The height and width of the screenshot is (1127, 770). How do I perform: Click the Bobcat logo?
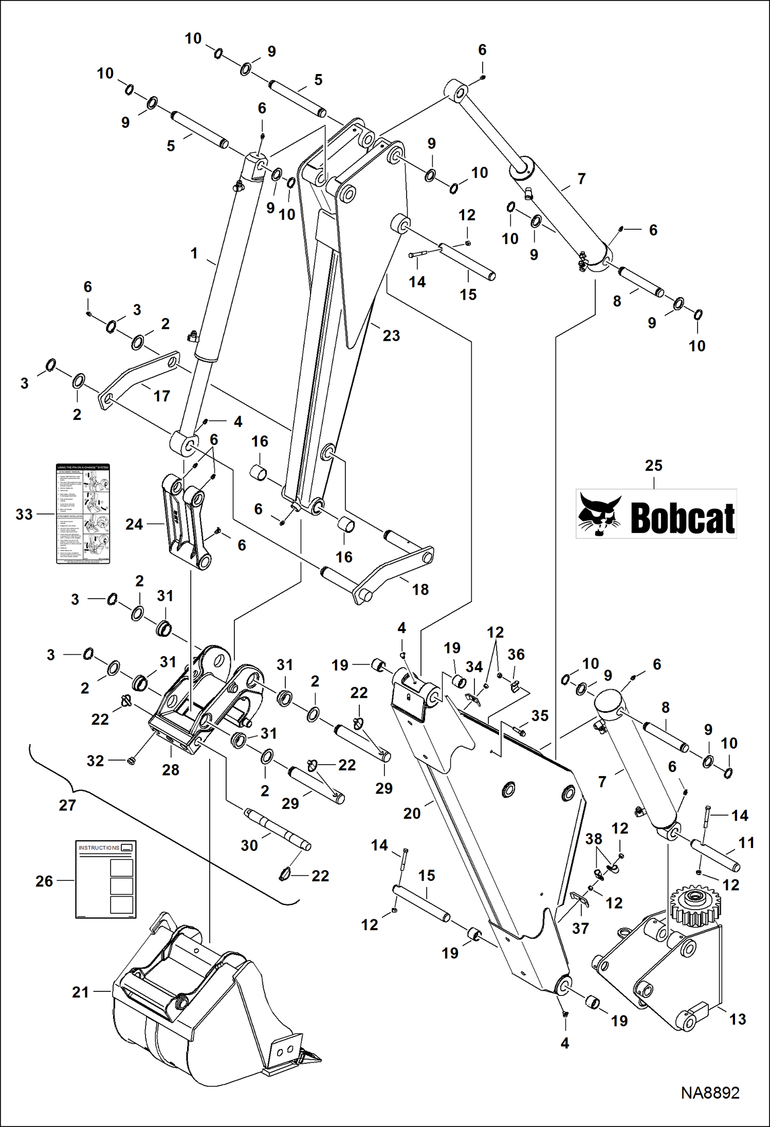[x=656, y=514]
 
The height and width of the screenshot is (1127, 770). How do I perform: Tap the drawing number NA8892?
[x=710, y=1093]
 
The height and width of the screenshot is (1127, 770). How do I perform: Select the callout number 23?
[x=391, y=336]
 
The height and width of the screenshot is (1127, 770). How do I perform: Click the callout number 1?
[x=194, y=253]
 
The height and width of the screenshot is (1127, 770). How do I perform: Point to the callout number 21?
[x=80, y=992]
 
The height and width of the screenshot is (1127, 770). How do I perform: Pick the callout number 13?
[x=737, y=1019]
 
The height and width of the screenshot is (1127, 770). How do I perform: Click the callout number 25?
[x=653, y=466]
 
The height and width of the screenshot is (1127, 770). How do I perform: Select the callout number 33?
[x=24, y=514]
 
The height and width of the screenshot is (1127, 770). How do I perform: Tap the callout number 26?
[x=44, y=881]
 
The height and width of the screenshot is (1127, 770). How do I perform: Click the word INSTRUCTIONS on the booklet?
[x=99, y=847]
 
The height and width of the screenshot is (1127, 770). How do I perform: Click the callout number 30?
[x=249, y=845]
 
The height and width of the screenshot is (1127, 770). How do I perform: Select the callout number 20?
[x=412, y=814]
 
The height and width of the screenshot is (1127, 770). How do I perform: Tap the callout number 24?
[x=134, y=524]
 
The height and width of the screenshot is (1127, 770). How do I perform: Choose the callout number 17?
[x=161, y=396]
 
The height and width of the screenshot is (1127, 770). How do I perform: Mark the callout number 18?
[x=420, y=589]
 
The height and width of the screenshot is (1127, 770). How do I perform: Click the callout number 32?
[x=95, y=761]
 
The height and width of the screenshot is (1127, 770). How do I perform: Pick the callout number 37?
[x=580, y=929]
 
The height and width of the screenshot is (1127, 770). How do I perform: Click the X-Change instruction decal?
[x=83, y=514]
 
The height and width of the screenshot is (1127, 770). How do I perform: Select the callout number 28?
[x=171, y=770]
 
